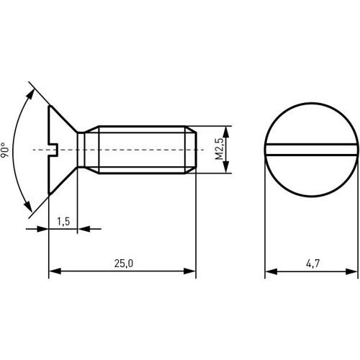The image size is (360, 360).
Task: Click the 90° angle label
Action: point(6,150)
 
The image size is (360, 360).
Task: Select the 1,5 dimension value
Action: point(63,222)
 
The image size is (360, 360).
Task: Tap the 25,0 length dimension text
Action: point(122,264)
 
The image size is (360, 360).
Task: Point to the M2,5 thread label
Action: point(219,150)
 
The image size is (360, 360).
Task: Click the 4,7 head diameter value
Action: point(311,264)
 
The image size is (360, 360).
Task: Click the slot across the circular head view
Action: point(311,150)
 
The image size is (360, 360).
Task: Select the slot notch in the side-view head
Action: point(53,150)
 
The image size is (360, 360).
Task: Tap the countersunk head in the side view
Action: point(61,150)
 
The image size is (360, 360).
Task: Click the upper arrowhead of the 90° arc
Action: point(32,91)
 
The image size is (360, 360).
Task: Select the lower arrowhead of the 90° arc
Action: point(32,208)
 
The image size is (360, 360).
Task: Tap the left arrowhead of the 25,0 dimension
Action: point(53,271)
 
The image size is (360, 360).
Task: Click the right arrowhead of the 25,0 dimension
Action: point(191,271)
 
